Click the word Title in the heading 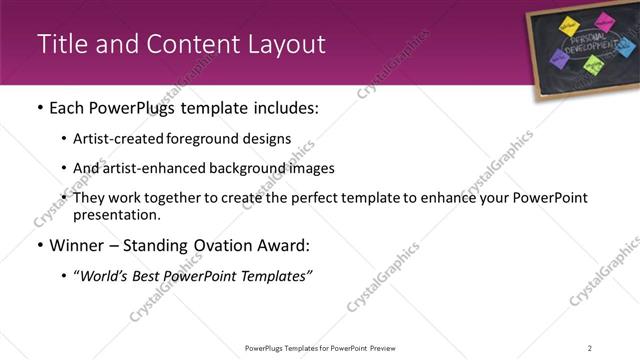(61, 44)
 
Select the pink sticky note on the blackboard (604, 20)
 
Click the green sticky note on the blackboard (593, 65)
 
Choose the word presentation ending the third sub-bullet (114, 215)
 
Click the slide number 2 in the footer (590, 348)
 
